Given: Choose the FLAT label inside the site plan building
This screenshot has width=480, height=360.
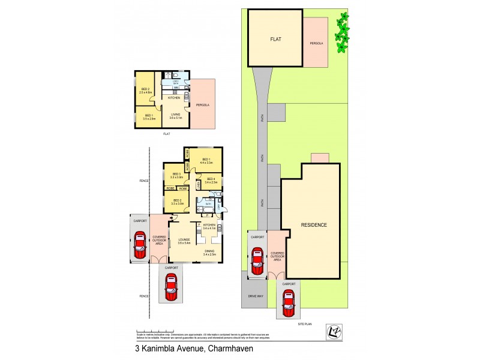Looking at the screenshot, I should coord(276,39).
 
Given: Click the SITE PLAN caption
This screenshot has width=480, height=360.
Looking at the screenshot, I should coord(306,323).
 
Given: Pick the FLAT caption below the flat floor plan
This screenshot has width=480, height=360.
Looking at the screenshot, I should coord(166,134).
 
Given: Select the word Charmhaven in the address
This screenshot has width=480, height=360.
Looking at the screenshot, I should coord(215,347).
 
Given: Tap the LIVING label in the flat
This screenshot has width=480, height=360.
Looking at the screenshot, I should coord(175,115).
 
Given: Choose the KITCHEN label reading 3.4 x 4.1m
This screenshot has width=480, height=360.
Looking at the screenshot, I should coord(209,227).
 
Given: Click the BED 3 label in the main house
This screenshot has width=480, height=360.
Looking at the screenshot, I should coord(176,175).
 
